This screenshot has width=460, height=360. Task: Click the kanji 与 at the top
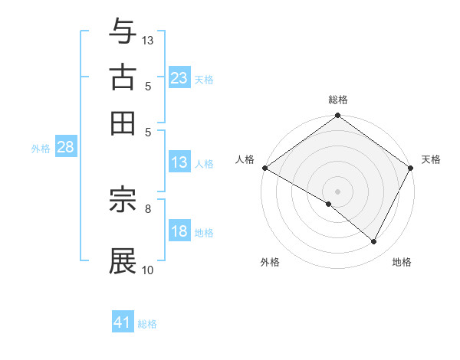click(123, 31)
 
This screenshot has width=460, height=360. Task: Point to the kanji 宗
click(123, 201)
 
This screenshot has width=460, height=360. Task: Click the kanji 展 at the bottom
click(123, 260)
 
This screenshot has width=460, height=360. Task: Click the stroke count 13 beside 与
click(148, 40)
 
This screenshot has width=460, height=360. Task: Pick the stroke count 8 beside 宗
click(147, 208)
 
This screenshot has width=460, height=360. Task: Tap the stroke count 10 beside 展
click(148, 270)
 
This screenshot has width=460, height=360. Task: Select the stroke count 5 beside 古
click(147, 86)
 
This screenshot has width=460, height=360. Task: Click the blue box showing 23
click(179, 77)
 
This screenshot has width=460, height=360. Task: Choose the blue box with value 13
click(179, 162)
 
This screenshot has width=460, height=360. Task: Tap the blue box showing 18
click(179, 232)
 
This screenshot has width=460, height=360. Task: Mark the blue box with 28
click(65, 148)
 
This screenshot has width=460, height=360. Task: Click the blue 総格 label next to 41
click(147, 324)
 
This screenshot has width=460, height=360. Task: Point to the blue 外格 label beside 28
click(41, 149)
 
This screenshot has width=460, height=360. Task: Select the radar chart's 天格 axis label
click(431, 159)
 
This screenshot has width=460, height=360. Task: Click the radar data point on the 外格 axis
click(329, 205)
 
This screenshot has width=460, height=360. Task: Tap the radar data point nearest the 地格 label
click(374, 242)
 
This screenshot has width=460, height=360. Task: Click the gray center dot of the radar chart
click(337, 191)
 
